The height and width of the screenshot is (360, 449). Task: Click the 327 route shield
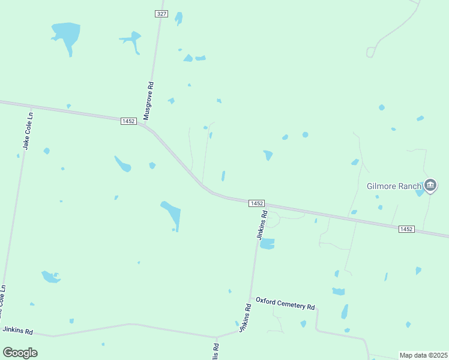[161, 13]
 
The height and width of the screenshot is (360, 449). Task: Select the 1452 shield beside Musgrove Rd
[128, 121]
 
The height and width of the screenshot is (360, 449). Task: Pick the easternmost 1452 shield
[406, 229]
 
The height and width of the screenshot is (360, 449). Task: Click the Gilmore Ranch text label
[394, 186]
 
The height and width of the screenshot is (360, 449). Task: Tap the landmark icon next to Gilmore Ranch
[430, 186]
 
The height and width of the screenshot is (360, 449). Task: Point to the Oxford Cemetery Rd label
[285, 302]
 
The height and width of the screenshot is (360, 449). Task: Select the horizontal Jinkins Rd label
[17, 331]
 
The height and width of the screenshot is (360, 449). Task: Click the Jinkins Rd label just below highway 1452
[262, 226]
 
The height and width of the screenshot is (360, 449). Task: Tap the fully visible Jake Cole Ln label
[26, 130]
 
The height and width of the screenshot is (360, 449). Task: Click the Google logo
[20, 353]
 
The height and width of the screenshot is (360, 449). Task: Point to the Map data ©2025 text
[423, 355]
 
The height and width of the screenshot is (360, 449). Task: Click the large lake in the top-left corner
[66, 33]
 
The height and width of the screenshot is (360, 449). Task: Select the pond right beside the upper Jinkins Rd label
[267, 244]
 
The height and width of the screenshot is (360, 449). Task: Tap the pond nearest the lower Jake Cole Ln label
[50, 277]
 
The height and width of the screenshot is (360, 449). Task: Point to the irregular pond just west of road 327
[131, 41]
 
